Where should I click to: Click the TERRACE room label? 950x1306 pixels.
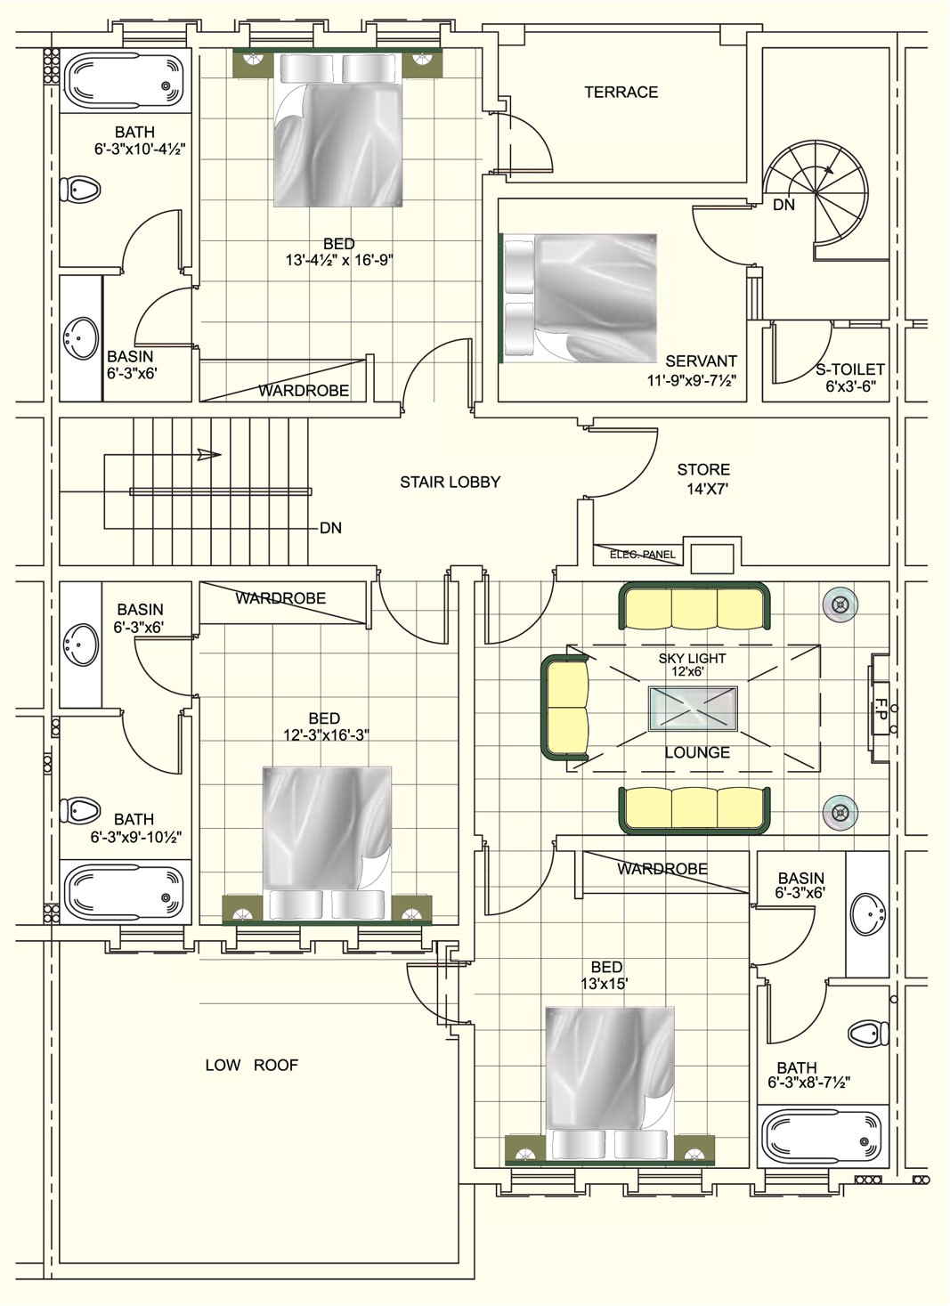click(x=621, y=92)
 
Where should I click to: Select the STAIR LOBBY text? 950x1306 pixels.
click(x=451, y=483)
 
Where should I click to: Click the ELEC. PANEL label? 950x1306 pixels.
click(x=643, y=555)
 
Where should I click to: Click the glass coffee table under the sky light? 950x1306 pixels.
click(x=693, y=709)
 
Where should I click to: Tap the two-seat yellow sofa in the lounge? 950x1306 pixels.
click(x=565, y=707)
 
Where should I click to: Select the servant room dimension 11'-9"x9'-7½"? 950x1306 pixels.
click(x=692, y=380)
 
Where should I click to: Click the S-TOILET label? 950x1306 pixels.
click(x=849, y=369)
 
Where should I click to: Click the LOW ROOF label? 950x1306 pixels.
click(x=251, y=1066)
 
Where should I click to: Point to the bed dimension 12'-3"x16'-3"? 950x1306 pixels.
click(x=326, y=735)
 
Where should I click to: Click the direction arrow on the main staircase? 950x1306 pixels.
click(x=208, y=454)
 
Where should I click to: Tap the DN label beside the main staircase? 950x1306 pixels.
click(x=330, y=528)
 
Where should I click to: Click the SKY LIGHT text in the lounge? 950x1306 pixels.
click(x=692, y=658)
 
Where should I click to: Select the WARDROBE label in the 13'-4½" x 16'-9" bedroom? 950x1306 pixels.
click(x=304, y=391)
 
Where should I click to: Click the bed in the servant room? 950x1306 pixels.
click(x=581, y=298)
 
